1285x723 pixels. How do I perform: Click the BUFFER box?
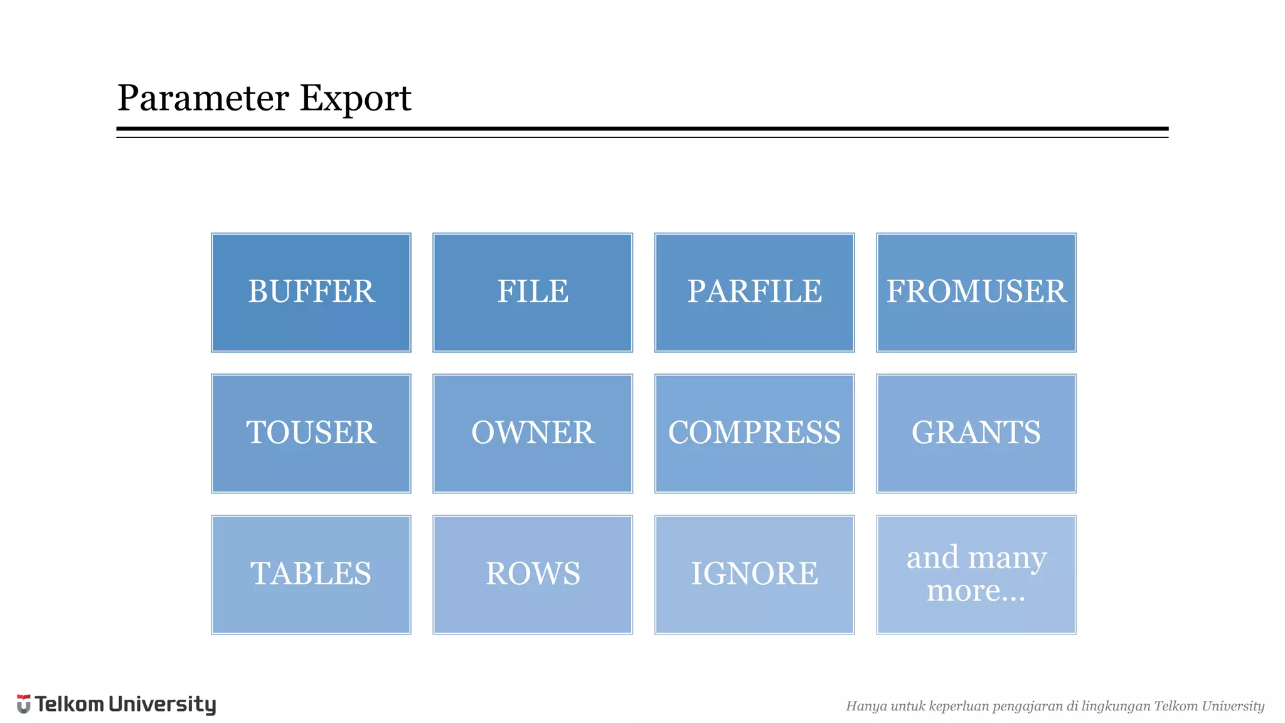[311, 292]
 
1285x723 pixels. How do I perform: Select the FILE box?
[533, 292]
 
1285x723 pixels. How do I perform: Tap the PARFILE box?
[754, 292]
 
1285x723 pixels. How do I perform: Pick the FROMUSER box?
[976, 292]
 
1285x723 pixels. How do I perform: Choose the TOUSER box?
[311, 434]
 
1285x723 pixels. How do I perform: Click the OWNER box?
[533, 434]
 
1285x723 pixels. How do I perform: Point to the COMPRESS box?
[754, 434]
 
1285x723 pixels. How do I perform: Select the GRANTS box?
[976, 434]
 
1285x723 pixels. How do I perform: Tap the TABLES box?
[311, 575]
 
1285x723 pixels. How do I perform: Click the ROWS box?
[533, 575]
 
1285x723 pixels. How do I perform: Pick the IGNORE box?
[754, 575]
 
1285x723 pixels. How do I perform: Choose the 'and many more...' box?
[976, 575]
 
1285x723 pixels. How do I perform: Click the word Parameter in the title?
[203, 99]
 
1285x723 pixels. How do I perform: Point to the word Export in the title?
[355, 99]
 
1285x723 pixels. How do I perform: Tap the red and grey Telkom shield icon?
[24, 704]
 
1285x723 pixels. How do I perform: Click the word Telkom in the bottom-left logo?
[70, 704]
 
